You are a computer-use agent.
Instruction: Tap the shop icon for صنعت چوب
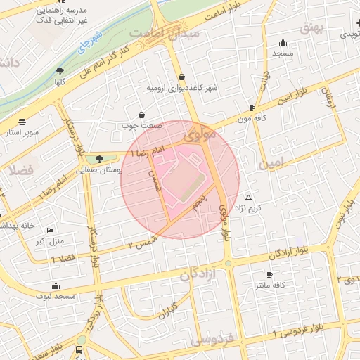(x=142, y=114)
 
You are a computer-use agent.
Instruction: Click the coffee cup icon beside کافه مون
(x=252, y=108)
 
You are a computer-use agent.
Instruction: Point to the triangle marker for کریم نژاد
(x=248, y=198)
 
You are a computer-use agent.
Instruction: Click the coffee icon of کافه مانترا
(x=269, y=274)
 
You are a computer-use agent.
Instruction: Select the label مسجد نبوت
(x=56, y=297)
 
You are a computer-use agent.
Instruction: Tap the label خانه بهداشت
(x=17, y=226)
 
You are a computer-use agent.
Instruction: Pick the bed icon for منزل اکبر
(x=49, y=231)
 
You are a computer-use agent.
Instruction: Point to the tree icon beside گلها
(x=60, y=70)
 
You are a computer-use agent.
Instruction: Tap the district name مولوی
(x=200, y=132)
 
